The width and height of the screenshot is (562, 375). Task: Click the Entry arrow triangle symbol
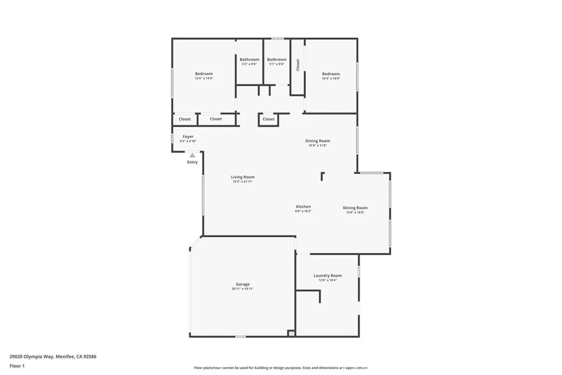pos(192,156)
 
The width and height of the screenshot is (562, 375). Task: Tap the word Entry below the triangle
pos(192,162)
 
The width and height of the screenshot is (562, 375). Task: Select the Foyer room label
pos(188,137)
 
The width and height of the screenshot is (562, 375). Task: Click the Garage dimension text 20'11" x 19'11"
pos(243,289)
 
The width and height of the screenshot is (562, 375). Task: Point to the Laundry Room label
pos(328,276)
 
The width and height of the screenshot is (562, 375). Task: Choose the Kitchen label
pos(304,207)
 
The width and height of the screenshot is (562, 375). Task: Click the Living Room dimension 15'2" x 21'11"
pos(243,181)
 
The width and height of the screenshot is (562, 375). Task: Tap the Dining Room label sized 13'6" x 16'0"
pos(355,208)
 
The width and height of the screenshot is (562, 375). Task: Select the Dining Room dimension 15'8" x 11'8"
pos(318,145)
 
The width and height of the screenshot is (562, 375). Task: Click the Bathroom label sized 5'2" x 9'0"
pos(249,59)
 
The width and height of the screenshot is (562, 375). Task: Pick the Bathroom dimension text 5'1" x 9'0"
pos(277,64)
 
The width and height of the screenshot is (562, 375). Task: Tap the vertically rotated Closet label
pos(298,65)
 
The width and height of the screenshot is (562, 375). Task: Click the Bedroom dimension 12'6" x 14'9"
pos(204,79)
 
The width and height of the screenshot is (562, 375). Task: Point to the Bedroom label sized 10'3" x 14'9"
pos(331,74)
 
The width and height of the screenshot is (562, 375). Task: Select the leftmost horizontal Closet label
pos(185,119)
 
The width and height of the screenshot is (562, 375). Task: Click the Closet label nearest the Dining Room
pos(268,119)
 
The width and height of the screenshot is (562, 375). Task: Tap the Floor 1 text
pos(17,366)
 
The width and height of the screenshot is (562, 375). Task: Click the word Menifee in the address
pos(66,356)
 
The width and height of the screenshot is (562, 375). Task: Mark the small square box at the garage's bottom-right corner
pos(291,333)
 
